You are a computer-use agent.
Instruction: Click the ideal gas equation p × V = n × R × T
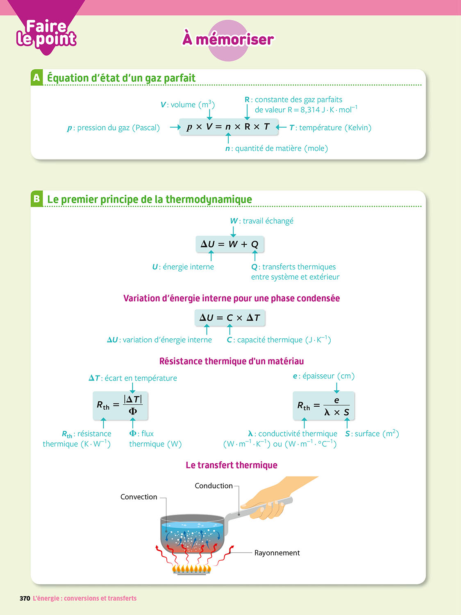228,127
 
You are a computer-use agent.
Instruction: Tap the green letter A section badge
36,77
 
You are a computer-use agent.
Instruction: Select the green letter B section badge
36,199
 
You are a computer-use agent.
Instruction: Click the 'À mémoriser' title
228,39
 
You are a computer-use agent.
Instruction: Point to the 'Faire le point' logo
46,33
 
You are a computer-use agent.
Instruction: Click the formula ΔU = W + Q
229,244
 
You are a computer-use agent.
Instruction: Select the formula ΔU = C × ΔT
229,318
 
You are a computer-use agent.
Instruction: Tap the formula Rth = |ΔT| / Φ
120,405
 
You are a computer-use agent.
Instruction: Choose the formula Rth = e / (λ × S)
323,405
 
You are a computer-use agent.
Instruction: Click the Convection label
139,497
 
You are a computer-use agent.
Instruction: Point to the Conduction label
213,486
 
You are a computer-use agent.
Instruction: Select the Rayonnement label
277,553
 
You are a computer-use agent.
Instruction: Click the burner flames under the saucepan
192,569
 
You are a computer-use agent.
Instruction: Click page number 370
25,599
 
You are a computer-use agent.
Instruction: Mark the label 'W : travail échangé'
262,221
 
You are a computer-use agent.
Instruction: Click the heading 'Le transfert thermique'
232,465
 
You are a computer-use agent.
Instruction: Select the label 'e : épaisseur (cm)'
324,376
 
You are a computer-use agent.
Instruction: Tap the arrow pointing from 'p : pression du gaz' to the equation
175,128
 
